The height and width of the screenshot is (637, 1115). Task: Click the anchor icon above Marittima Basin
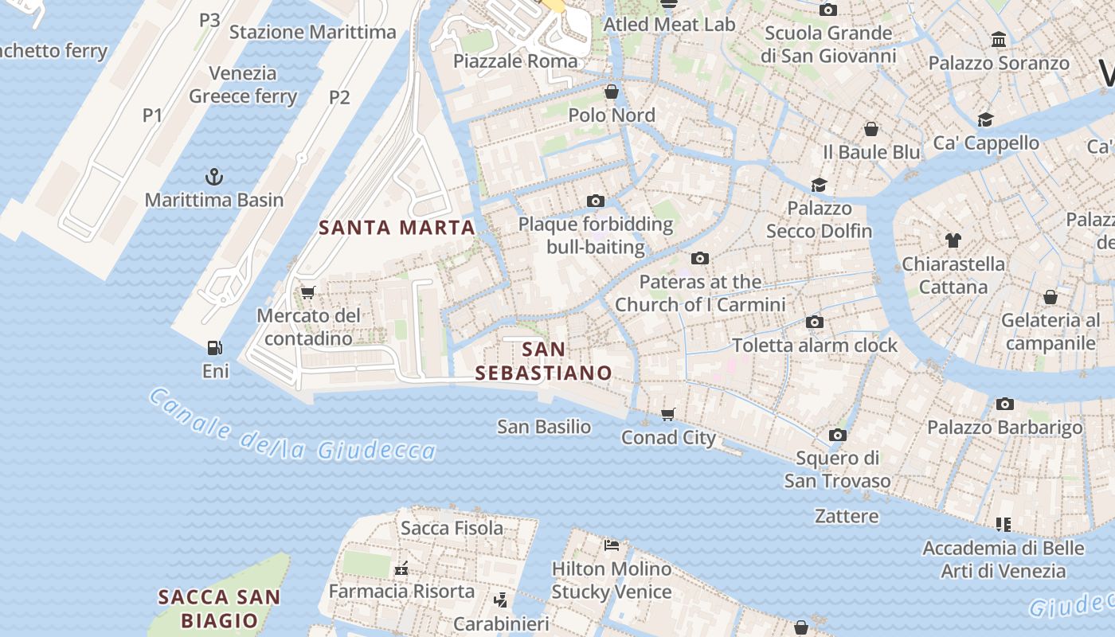pos(213,176)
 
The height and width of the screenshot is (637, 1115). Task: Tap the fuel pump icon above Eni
pos(214,348)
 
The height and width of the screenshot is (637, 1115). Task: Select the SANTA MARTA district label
pos(397,228)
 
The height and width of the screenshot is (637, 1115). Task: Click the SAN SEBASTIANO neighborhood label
pos(544,361)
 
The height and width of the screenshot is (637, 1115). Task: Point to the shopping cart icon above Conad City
pos(668,414)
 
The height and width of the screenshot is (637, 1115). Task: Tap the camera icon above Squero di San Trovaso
pos(837,435)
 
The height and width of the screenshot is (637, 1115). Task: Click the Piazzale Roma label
pos(515,61)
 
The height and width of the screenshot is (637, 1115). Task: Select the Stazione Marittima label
pos(312,33)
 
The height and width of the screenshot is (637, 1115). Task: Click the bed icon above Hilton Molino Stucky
pos(612,545)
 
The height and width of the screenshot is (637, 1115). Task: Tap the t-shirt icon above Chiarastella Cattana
pos(953,240)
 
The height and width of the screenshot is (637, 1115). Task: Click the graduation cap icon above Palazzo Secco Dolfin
pos(819,186)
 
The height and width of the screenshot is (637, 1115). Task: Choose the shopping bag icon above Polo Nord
pos(612,92)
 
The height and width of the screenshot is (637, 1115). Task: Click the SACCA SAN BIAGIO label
pos(219,608)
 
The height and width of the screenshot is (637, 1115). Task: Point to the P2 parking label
pos(339,97)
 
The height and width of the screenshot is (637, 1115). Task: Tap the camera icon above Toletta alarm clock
pos(814,322)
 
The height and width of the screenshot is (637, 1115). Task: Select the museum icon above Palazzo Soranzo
pos(999,39)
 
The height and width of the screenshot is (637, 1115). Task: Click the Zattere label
pos(847,516)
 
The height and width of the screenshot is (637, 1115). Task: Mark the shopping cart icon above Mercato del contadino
pos(307,293)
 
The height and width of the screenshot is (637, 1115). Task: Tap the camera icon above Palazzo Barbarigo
pos(1004,404)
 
